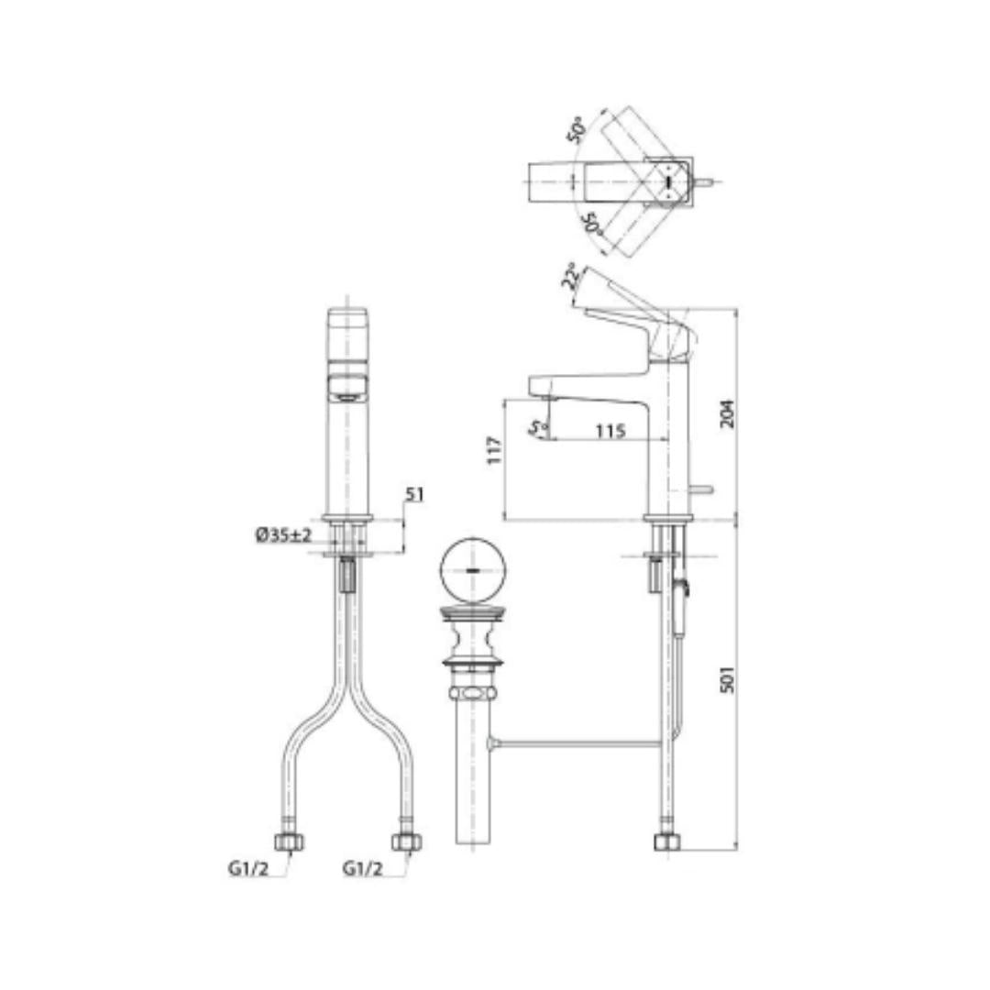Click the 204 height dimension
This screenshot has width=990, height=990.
tap(727, 413)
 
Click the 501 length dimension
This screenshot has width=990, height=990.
tap(727, 679)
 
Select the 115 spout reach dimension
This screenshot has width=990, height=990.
tap(610, 431)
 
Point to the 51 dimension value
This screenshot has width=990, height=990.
tap(414, 494)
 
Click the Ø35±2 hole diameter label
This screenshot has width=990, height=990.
tap(283, 535)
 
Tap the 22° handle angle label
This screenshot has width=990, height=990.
tap(570, 276)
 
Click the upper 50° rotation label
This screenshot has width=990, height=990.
tap(577, 130)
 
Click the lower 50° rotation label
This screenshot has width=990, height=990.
tap(591, 222)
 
